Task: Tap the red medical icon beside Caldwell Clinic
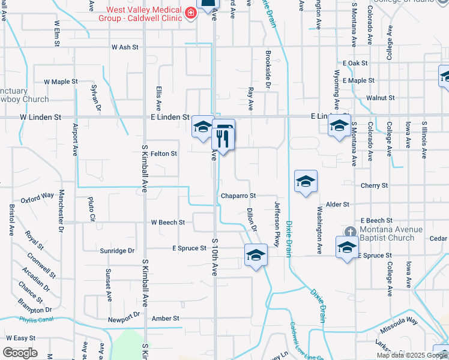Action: pyautogui.click(x=191, y=13)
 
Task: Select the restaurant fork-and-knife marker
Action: pyautogui.click(x=223, y=140)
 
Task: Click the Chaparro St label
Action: pyautogui.click(x=238, y=196)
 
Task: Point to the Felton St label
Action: pyautogui.click(x=164, y=154)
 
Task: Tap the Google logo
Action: pyautogui.click(x=20, y=353)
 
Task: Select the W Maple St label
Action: pyautogui.click(x=61, y=81)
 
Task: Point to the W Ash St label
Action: pyautogui.click(x=125, y=47)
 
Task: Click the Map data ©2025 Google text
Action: pyautogui.click(x=412, y=355)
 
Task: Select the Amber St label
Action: pyautogui.click(x=166, y=319)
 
